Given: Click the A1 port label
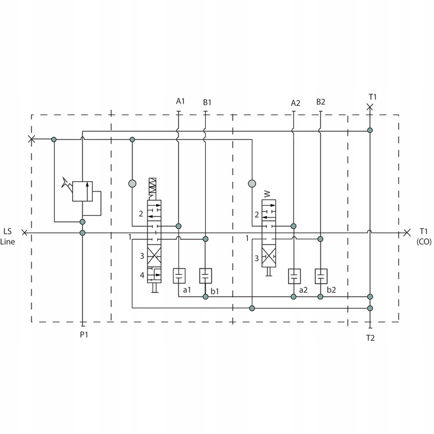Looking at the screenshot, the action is point(181,101).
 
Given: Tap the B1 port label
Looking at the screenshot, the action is point(207,101).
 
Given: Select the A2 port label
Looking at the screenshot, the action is point(295,103).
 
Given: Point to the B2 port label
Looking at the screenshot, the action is point(321,101).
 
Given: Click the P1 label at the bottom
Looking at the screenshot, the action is point(84,334).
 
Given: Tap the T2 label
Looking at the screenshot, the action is point(370,337).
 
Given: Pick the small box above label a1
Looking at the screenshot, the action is point(179,276).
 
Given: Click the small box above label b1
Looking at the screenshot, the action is point(206,276).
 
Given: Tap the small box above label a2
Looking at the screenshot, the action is point(294,276).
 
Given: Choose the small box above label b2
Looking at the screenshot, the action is point(321,276).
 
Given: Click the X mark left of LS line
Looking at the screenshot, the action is point(24,233).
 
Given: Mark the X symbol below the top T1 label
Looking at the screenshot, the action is point(370,107).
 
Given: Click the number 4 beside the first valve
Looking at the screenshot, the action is point(142,276).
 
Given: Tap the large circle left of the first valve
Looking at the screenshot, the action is point(132,183).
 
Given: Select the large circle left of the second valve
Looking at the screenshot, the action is point(252,183).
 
